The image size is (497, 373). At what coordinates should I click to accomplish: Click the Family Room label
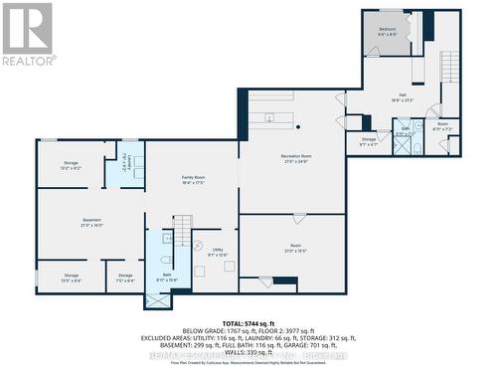coord(194,180)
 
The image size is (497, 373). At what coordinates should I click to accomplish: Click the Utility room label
coord(217,253)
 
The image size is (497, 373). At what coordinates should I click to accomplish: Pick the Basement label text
coord(91,224)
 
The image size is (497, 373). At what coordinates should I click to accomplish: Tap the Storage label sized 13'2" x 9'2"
coord(70,165)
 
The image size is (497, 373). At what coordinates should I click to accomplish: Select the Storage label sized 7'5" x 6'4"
coord(125,278)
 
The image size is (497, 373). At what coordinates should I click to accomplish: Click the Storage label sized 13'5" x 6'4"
coord(72,278)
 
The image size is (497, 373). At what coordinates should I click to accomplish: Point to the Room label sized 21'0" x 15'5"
coord(294,248)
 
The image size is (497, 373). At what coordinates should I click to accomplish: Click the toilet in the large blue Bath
coord(167,261)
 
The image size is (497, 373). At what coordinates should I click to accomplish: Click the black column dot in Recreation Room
coord(297,127)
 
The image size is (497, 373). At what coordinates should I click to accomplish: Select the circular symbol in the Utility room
coord(197,246)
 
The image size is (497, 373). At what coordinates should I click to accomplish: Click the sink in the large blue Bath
coord(169,239)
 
